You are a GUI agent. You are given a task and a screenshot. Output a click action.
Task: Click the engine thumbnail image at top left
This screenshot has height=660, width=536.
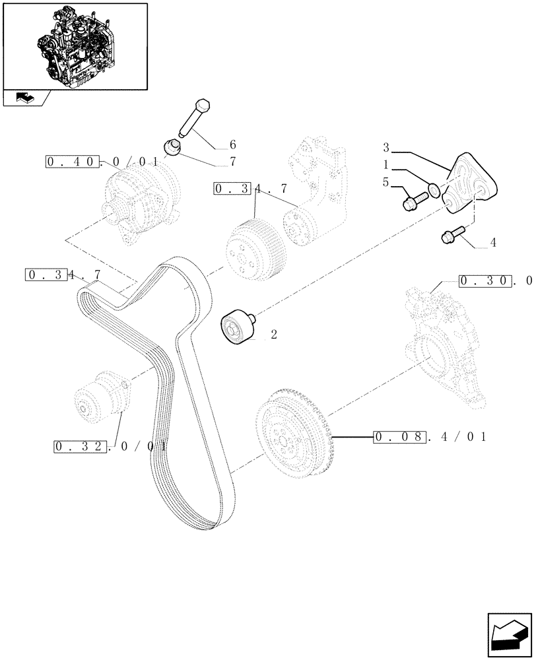[x=75, y=46]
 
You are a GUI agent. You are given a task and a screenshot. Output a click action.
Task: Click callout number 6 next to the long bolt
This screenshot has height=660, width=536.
[x=232, y=144]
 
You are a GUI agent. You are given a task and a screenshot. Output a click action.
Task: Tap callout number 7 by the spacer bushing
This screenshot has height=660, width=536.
[x=232, y=160]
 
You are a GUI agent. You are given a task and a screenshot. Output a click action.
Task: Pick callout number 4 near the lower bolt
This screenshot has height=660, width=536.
[x=493, y=243]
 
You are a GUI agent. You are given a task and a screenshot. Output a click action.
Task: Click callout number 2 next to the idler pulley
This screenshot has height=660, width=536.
[x=273, y=335]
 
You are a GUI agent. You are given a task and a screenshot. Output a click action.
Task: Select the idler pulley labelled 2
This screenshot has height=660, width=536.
[x=236, y=327]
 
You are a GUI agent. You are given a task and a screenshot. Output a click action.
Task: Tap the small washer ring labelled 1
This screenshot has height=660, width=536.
[x=434, y=190]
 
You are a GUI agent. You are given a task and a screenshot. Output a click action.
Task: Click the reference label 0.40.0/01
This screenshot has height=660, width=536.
[x=102, y=161]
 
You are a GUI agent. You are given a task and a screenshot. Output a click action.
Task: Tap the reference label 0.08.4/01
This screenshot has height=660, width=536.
[x=429, y=436]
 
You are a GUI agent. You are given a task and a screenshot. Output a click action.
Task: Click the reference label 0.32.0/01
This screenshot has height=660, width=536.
[x=109, y=447]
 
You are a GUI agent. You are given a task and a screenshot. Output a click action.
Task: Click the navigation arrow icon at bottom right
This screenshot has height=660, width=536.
[x=508, y=633]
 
